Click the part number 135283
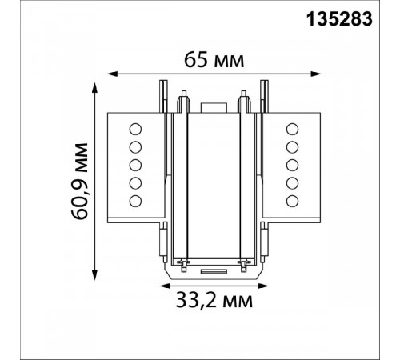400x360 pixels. click(339, 20)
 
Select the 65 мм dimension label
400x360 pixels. click(214, 60)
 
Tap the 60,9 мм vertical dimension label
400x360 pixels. click(80, 181)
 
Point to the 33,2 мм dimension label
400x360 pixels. click(214, 301)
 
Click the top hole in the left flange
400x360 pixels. click(135, 130)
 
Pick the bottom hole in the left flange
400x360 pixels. click(135, 201)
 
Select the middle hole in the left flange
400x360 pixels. click(135, 166)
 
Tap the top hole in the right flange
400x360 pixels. click(292, 130)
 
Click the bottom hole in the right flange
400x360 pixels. click(292, 201)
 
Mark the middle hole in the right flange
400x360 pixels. click(292, 166)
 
